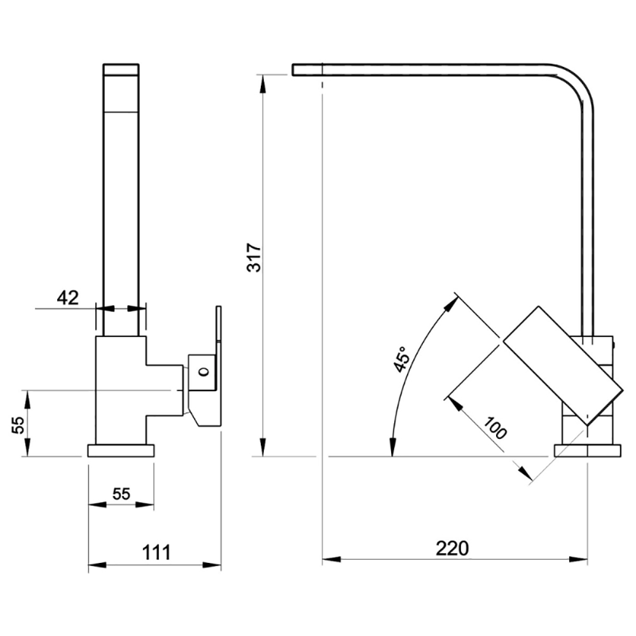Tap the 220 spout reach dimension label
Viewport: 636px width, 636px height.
[452, 548]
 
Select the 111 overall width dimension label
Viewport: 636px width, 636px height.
[156, 553]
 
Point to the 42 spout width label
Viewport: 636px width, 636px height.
[68, 298]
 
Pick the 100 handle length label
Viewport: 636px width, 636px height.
[495, 428]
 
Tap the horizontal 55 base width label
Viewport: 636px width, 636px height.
[121, 494]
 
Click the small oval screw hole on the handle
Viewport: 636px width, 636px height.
[204, 371]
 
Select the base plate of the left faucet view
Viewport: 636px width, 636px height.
[121, 451]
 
